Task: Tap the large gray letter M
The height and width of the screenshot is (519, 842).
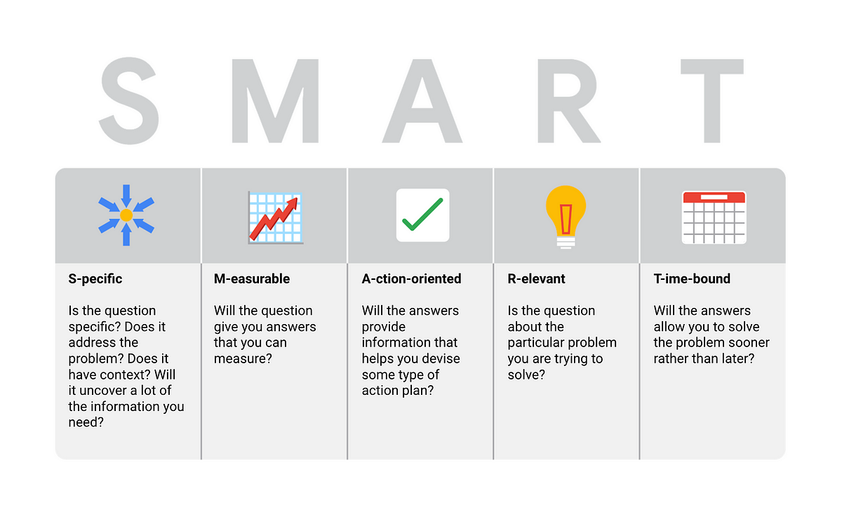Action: (275, 101)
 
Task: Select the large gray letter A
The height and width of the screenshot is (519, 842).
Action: (422, 101)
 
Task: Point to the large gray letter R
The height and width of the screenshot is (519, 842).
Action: (568, 101)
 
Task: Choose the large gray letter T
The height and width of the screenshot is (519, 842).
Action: (712, 101)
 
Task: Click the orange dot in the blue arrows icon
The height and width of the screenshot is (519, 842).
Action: (126, 215)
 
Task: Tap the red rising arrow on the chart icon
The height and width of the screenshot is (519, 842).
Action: (274, 219)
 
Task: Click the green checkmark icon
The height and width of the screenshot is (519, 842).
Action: (422, 214)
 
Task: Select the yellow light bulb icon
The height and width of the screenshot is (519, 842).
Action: (566, 217)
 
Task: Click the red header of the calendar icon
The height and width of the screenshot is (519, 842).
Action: (714, 197)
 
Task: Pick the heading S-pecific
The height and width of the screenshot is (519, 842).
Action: (95, 279)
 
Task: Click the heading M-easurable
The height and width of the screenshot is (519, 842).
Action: (252, 279)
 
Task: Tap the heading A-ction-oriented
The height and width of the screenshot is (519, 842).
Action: (411, 279)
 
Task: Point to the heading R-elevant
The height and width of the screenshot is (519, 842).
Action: (536, 279)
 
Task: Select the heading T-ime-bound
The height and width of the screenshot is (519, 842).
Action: (692, 279)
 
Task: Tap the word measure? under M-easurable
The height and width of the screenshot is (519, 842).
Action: (243, 358)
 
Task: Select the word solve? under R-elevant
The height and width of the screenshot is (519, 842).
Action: (526, 375)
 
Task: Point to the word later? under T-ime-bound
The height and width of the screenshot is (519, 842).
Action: (736, 358)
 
